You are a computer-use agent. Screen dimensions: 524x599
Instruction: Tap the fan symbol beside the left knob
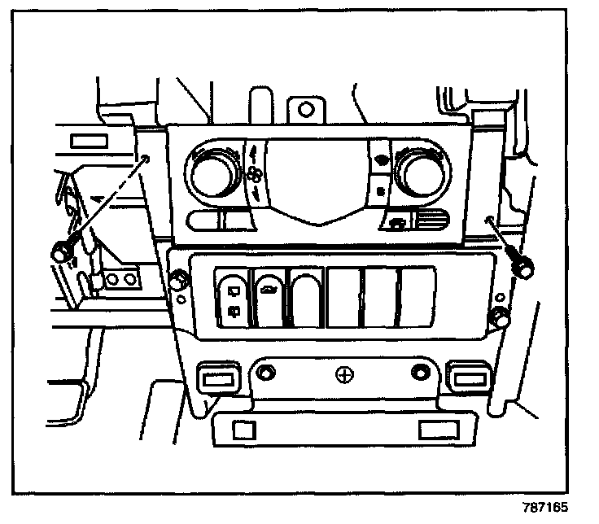coord(255,172)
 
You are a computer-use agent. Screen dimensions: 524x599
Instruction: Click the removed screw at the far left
coord(60,251)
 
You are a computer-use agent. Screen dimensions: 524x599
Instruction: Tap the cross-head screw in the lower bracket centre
coord(345,375)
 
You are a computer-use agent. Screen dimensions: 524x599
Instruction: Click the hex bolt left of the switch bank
coord(179,282)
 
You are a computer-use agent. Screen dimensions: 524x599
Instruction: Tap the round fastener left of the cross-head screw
coord(265,374)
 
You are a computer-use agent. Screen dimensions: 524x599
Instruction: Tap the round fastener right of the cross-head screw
coord(420,374)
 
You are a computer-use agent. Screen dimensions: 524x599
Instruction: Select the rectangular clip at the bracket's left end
coord(217,377)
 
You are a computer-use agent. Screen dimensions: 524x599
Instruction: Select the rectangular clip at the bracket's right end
coord(469,377)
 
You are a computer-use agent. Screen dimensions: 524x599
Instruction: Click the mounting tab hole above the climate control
coord(305,107)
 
